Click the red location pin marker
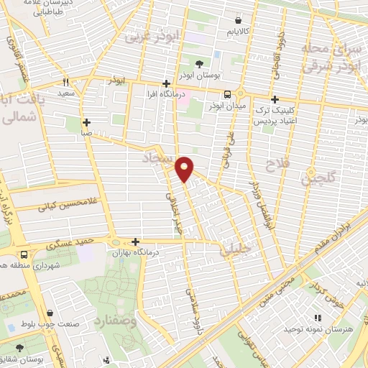click(x=185, y=168)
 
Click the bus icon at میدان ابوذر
click(x=227, y=94)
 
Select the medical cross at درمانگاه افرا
click(x=167, y=83)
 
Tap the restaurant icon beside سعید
click(x=66, y=83)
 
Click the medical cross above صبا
click(x=86, y=122)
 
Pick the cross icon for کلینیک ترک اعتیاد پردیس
click(x=274, y=100)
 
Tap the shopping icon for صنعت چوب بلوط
click(x=50, y=313)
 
